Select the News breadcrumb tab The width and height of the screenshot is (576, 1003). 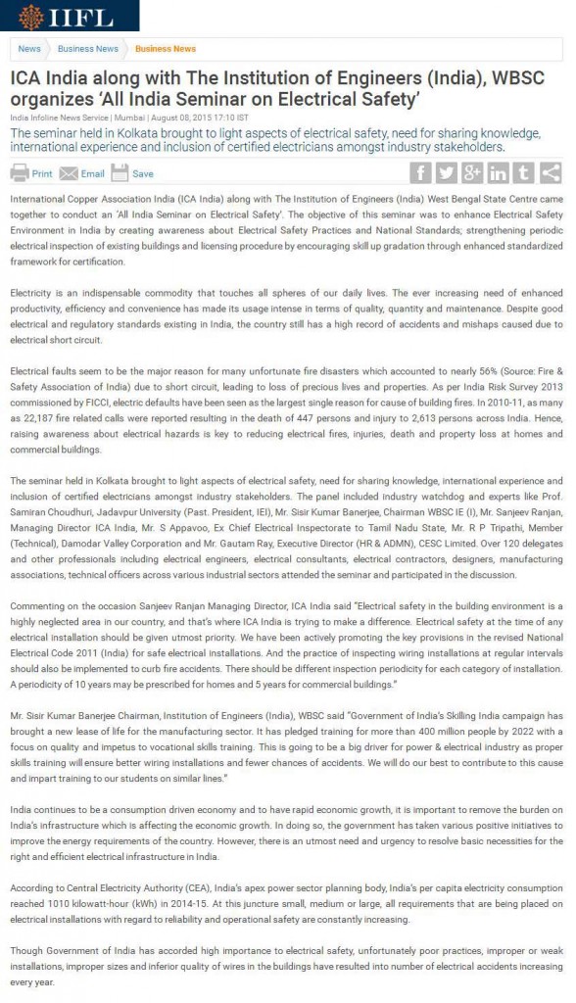29,49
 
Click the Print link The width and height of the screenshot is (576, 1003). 31,173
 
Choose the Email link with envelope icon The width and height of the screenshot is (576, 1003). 82,173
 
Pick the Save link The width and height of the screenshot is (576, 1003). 133,173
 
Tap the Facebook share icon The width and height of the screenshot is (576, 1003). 420,172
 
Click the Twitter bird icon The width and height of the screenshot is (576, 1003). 447,172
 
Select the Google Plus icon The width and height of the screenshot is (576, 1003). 472,172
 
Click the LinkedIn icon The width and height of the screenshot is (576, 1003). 499,172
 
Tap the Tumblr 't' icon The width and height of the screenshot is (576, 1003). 524,172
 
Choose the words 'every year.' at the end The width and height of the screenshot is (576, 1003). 35,979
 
